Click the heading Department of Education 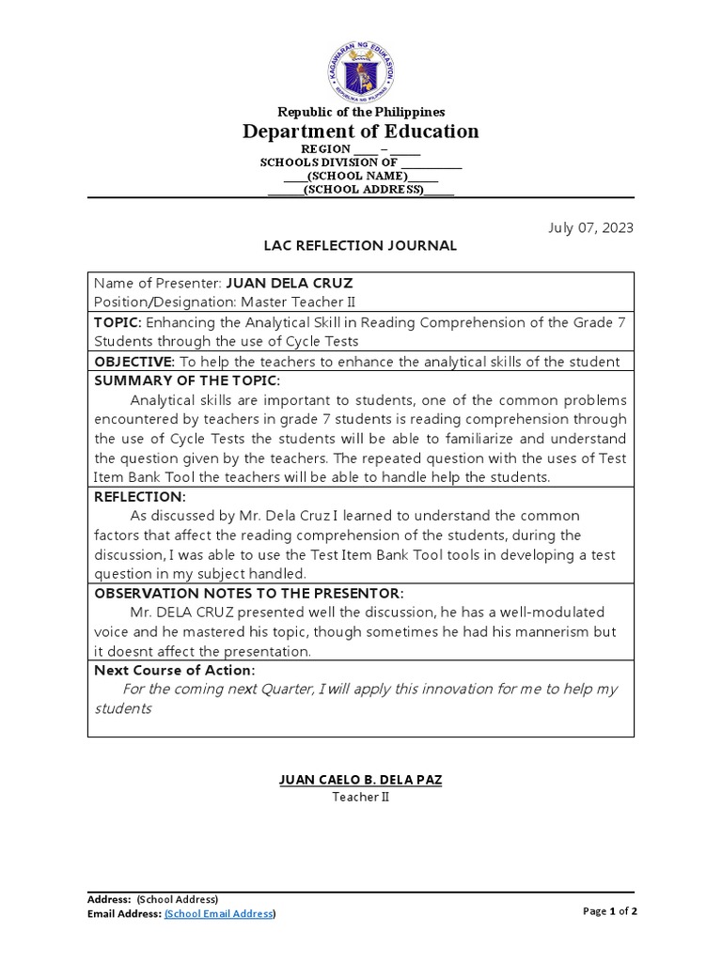pyautogui.click(x=361, y=132)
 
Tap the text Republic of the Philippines pyautogui.click(x=361, y=112)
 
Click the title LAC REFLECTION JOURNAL pyautogui.click(x=361, y=246)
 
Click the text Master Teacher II pyautogui.click(x=299, y=301)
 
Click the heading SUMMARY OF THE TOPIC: pyautogui.click(x=187, y=380)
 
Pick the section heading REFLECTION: pyautogui.click(x=140, y=497)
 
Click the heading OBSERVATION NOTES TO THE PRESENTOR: pyautogui.click(x=249, y=594)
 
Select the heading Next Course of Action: pyautogui.click(x=175, y=671)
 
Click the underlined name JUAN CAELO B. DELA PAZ pyautogui.click(x=361, y=779)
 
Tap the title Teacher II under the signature pyautogui.click(x=361, y=797)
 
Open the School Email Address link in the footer pyautogui.click(x=220, y=913)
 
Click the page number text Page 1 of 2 pyautogui.click(x=610, y=910)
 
